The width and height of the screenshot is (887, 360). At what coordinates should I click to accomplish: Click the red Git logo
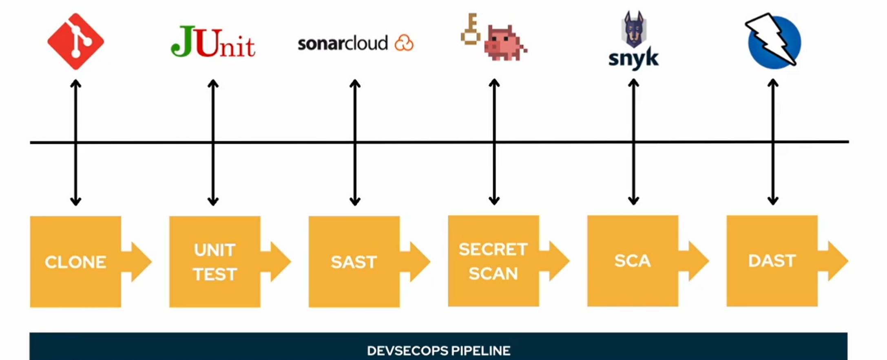[76, 41]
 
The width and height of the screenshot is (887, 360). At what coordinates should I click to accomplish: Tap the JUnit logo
[213, 42]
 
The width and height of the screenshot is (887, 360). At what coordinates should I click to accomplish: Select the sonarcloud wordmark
[343, 43]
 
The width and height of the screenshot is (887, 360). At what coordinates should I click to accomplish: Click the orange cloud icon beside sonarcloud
[404, 43]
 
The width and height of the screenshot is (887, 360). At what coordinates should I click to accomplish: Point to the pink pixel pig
[505, 43]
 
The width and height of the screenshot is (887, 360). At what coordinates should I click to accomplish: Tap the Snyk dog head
[634, 29]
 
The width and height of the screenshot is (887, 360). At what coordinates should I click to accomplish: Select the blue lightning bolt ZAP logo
[773, 41]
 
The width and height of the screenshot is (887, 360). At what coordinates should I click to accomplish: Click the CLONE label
[75, 262]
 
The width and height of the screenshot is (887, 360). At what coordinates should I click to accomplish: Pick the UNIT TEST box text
[215, 262]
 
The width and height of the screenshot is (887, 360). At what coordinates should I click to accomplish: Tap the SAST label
[354, 262]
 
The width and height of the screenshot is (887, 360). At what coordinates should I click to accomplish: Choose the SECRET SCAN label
[493, 261]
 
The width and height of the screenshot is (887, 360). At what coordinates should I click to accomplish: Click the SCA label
[633, 261]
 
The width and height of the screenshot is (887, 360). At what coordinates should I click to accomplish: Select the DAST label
[772, 261]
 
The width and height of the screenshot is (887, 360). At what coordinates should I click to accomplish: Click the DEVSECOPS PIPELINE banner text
[438, 351]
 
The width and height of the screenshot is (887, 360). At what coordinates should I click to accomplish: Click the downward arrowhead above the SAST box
[355, 201]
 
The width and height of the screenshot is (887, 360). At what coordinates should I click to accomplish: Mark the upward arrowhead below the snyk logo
[633, 84]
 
